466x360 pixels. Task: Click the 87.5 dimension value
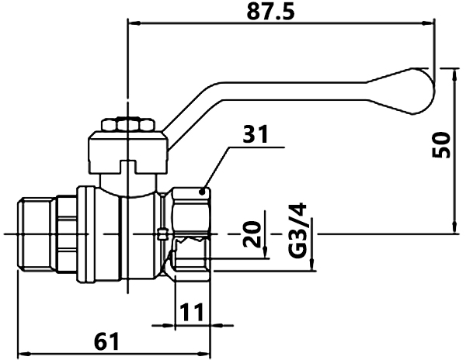270,12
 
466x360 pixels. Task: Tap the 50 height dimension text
441,145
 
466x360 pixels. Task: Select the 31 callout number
256,134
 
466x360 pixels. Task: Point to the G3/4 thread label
297,230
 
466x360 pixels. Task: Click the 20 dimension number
252,234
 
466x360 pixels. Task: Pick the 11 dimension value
192,312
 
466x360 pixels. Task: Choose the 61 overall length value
106,341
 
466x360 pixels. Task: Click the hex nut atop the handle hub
128,125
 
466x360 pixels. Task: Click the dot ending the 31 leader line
202,192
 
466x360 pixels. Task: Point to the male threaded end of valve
37,234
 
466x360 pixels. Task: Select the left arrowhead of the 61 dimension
24,354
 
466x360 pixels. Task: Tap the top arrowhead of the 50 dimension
454,74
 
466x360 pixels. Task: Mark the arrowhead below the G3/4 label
311,264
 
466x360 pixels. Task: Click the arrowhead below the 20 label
265,252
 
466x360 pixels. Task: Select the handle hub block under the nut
128,152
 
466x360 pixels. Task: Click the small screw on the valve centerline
162,234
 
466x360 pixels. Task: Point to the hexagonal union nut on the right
191,234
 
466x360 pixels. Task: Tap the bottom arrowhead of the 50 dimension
454,227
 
